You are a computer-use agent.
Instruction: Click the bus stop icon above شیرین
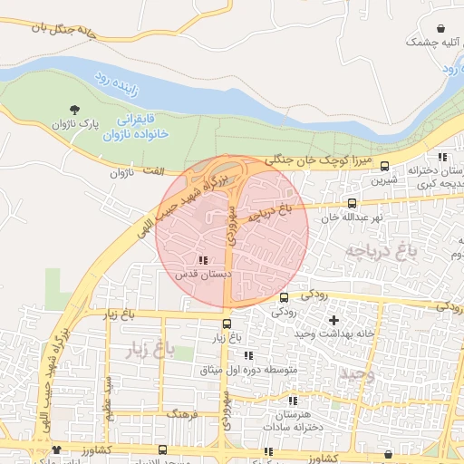385,166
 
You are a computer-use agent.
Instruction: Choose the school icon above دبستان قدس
201,259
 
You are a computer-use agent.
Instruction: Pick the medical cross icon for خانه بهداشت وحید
333,320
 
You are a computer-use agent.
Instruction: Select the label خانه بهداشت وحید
333,333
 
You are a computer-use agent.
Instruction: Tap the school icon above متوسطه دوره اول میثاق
248,356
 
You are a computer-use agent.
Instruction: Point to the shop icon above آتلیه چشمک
440,29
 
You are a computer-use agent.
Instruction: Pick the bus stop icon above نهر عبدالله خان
352,204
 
